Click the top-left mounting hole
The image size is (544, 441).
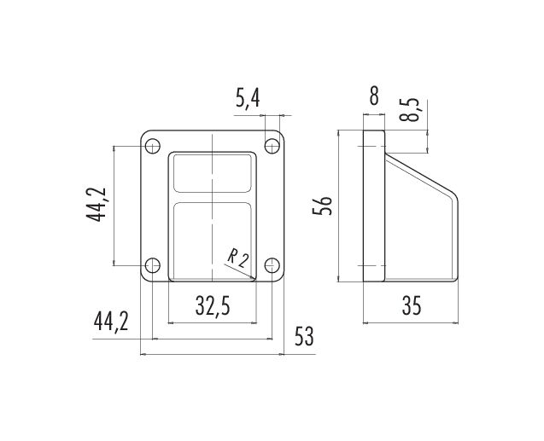coord(152,146)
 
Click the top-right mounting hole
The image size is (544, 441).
coord(272,146)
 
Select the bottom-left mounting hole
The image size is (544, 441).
coord(152,265)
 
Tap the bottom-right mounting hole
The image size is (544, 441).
coord(272,265)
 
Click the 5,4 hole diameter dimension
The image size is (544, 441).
coord(248,98)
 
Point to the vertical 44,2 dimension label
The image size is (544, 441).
coord(96,205)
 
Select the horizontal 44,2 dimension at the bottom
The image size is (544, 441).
coord(111,322)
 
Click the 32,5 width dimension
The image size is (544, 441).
coord(213,305)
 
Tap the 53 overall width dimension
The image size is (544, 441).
coord(304,336)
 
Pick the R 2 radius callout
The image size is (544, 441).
coord(238,258)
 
